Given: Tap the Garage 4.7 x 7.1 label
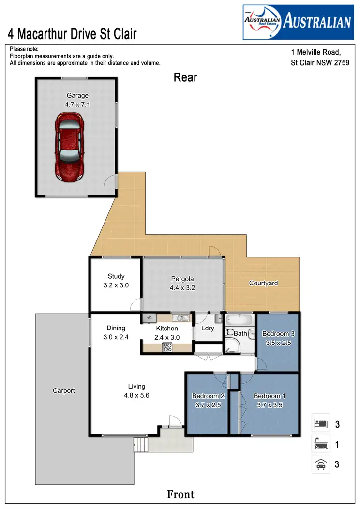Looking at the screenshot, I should click(77, 100).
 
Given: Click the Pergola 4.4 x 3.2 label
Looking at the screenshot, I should click(182, 283).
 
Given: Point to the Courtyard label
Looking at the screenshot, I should click(263, 283).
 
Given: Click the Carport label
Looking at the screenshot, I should click(64, 390).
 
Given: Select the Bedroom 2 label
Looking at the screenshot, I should click(208, 401).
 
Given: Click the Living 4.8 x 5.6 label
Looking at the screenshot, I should click(136, 391).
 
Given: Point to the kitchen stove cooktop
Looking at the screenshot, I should click(167, 346).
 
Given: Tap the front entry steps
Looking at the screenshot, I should click(140, 444).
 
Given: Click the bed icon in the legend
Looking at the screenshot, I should click(321, 423).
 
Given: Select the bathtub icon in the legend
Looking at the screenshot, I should click(321, 444).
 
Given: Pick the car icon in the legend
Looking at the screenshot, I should click(321, 464).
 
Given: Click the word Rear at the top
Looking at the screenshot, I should click(185, 77).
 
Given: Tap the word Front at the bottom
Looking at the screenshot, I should click(180, 494).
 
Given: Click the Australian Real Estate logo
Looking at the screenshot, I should click(297, 22).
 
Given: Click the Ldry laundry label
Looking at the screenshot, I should click(208, 329).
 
